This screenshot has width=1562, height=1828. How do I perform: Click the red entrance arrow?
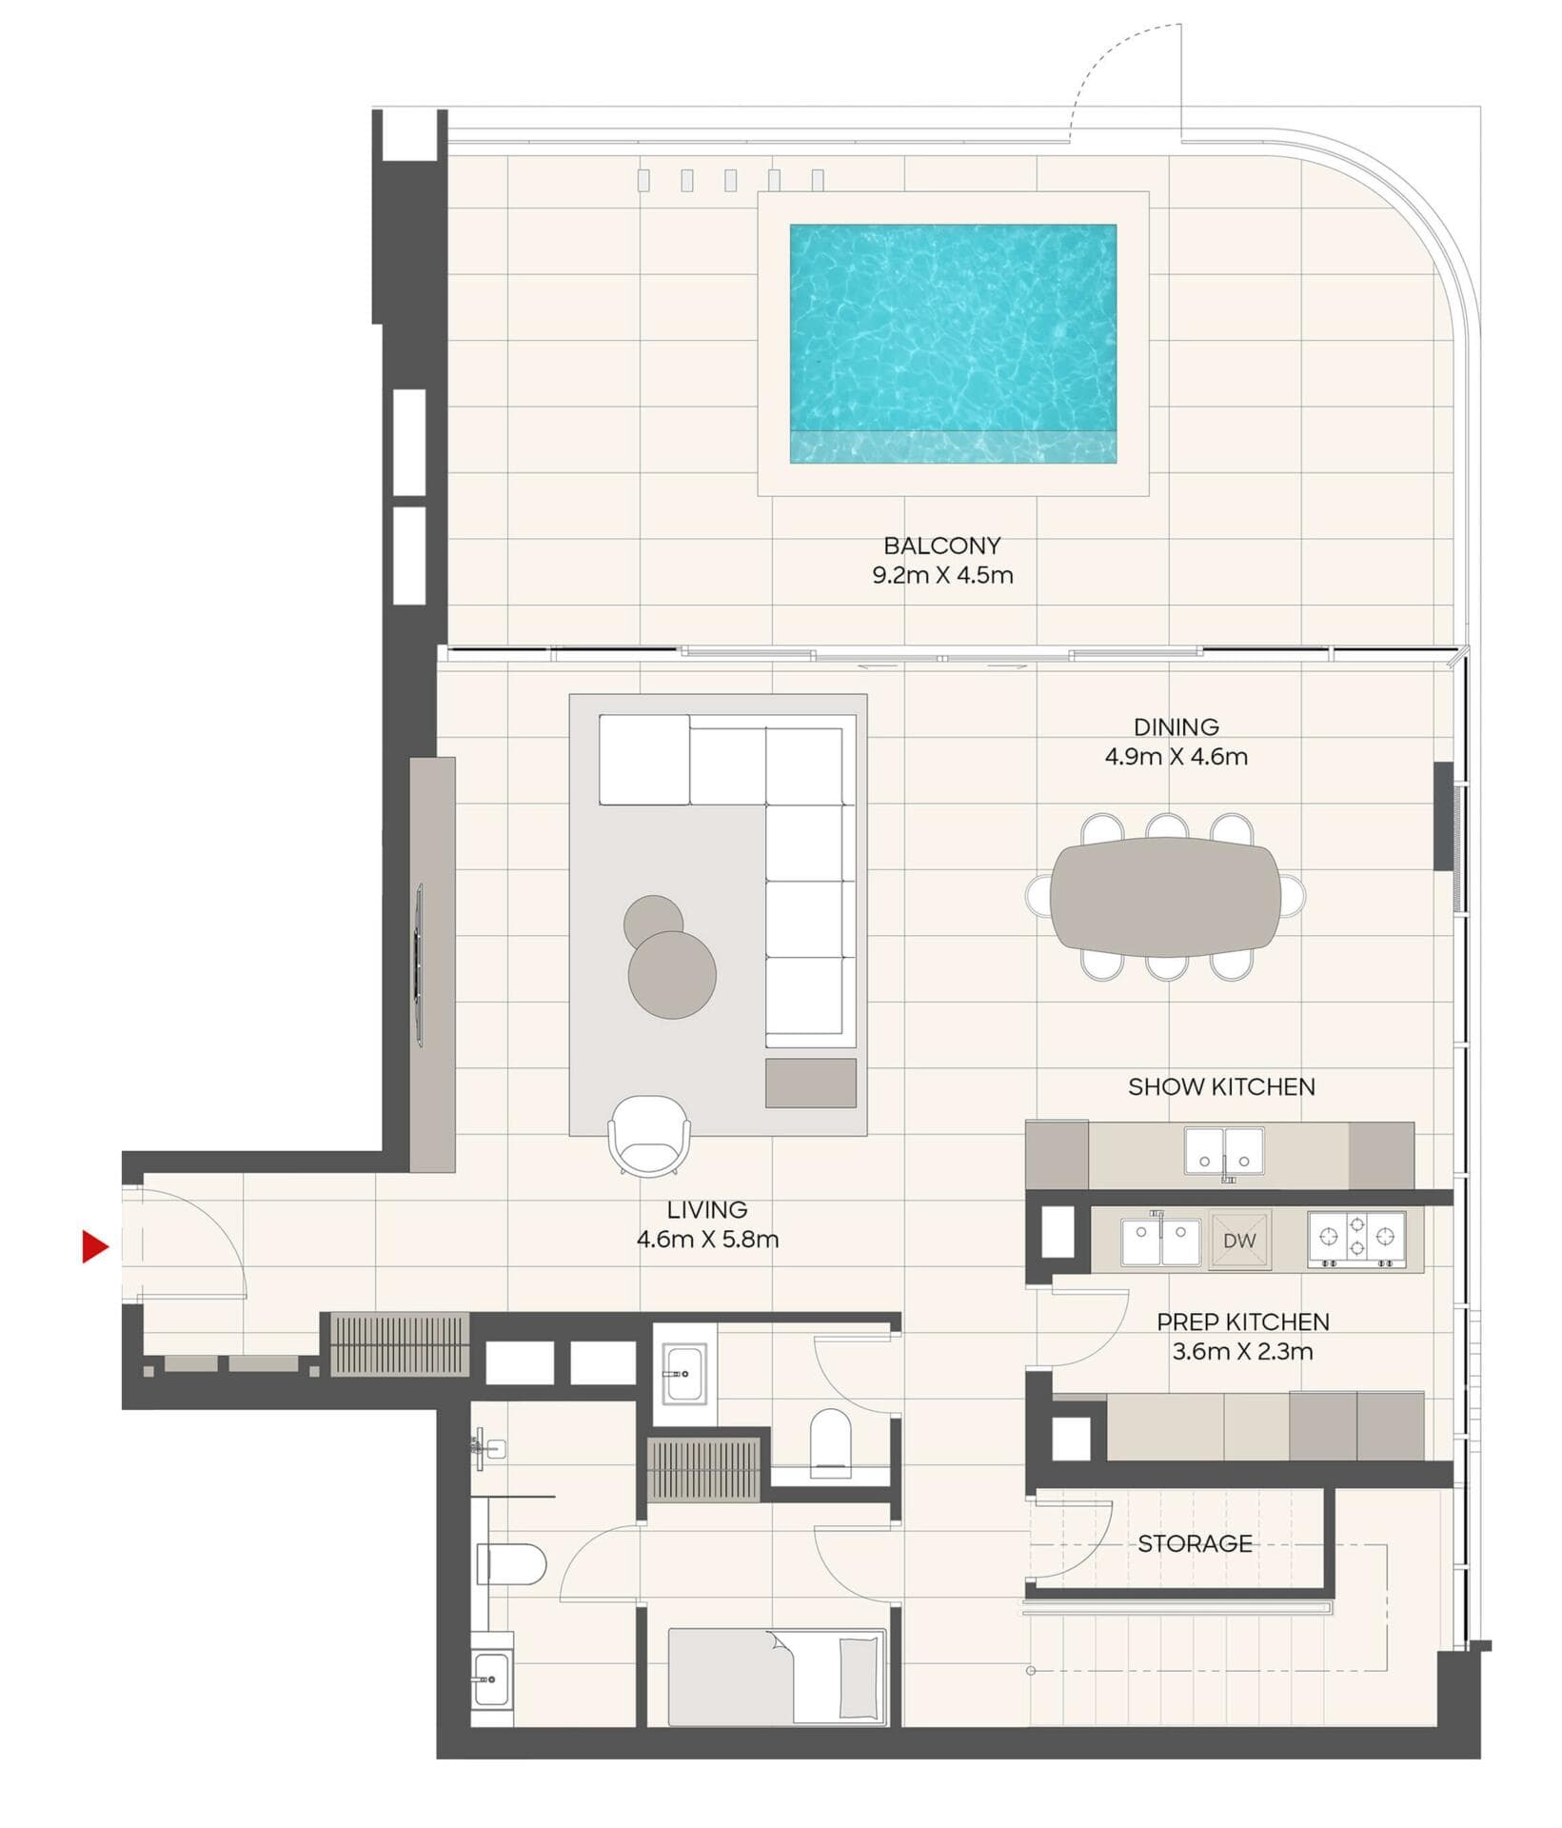click(94, 1246)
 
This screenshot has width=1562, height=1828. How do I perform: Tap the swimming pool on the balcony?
click(952, 343)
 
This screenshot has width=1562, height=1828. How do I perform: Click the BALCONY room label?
click(941, 546)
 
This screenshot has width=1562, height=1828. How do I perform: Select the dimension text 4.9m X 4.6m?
click(1176, 757)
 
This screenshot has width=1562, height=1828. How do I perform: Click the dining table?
click(1165, 896)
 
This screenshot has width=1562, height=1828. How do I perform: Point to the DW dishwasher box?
click(1238, 1241)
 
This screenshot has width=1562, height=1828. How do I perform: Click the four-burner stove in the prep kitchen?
click(1355, 1239)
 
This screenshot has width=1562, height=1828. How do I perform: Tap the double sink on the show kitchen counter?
click(1224, 1151)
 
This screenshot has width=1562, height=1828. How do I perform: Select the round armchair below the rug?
click(649, 1135)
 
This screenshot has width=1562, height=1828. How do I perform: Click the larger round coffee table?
click(672, 975)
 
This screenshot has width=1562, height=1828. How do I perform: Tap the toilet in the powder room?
click(830, 1442)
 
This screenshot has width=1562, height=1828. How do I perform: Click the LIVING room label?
click(706, 1209)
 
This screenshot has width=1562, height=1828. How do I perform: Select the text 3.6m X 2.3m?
click(1242, 1351)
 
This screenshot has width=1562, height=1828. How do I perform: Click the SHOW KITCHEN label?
click(1221, 1086)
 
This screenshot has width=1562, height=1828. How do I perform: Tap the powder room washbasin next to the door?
click(683, 1372)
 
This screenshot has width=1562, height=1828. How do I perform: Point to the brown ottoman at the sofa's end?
click(810, 1083)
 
